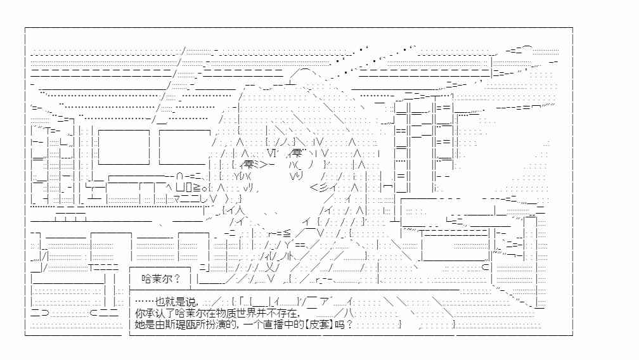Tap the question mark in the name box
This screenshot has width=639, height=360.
(x=177, y=279)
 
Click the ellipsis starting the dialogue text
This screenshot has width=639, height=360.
(x=145, y=302)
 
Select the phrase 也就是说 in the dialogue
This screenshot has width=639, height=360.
(x=176, y=302)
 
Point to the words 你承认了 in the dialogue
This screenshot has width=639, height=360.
(x=155, y=313)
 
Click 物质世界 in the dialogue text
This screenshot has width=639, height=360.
(x=226, y=313)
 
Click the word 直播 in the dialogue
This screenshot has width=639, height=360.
(x=273, y=325)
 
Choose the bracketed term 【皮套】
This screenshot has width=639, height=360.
(x=319, y=325)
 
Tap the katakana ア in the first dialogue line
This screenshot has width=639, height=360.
(x=325, y=302)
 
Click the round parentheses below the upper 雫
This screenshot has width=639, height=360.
(x=304, y=165)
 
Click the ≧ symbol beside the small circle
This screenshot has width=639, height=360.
(x=196, y=188)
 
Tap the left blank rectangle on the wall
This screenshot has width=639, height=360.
(x=124, y=147)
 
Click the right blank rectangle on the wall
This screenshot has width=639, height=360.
(x=184, y=147)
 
